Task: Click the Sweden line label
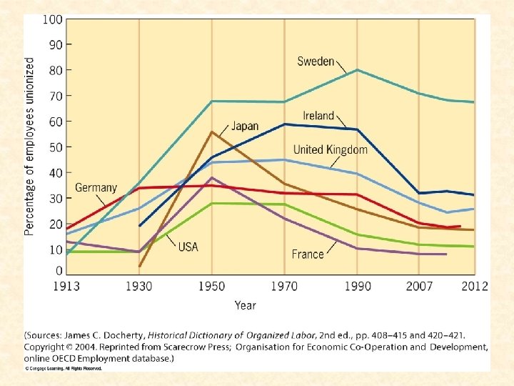tap(316, 61)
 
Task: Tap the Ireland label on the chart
tap(318, 116)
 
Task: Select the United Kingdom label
tap(331, 150)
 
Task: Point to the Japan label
tap(244, 127)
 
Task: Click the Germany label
tap(96, 188)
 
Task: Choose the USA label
tap(188, 247)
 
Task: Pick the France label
tap(308, 254)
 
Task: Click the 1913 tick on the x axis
tap(66, 287)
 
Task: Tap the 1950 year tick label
tap(211, 287)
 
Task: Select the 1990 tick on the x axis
tap(357, 287)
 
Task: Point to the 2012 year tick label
tap(474, 287)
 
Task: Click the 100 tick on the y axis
tap(53, 19)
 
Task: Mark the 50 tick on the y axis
tap(56, 147)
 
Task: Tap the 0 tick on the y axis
tap(59, 272)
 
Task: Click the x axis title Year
tap(245, 305)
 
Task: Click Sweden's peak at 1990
tap(357, 69)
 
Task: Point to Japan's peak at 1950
tap(211, 132)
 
